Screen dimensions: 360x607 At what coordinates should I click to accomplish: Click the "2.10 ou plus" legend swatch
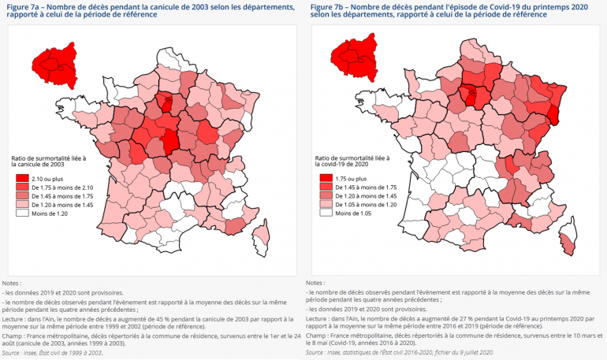pos(21,178)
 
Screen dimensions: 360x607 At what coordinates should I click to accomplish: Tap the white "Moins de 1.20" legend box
pos(21,212)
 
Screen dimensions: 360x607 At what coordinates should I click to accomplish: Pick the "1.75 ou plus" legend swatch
pos(325,178)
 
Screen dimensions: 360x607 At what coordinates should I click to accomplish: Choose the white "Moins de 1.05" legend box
pos(325,212)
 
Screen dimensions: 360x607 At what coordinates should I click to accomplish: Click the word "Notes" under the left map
pos(11,281)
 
